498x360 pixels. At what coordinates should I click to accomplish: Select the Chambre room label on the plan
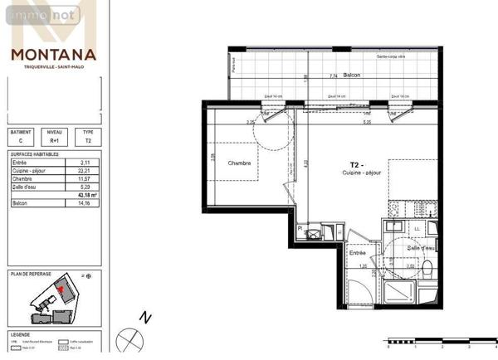239,163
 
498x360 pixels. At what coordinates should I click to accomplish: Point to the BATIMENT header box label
21,131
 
